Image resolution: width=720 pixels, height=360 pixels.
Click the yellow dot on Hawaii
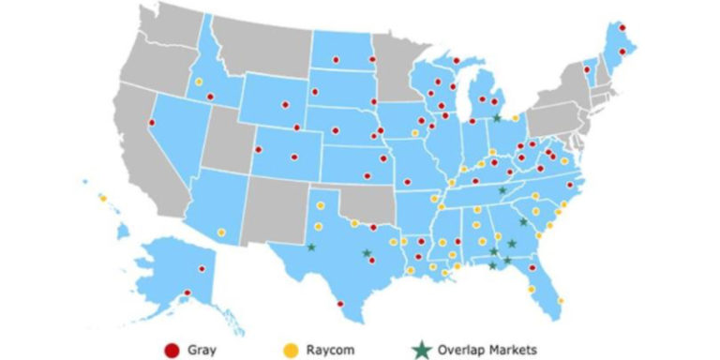point(102,198)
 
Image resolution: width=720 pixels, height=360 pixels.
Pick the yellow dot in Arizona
point(221,232)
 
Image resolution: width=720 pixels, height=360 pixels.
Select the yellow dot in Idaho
point(199,82)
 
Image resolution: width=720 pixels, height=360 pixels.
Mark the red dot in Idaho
point(210,97)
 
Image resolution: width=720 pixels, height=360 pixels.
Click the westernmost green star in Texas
point(311,247)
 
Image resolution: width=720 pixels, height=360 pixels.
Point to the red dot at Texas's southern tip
point(340,303)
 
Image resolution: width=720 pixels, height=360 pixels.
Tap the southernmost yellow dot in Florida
point(560,301)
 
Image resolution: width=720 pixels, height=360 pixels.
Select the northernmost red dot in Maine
point(622,27)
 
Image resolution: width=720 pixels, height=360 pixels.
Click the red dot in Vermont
point(589,65)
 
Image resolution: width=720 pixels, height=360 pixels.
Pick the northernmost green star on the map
point(497,118)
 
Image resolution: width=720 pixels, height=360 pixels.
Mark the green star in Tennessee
point(502,190)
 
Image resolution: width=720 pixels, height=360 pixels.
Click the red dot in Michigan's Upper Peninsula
point(456,62)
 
